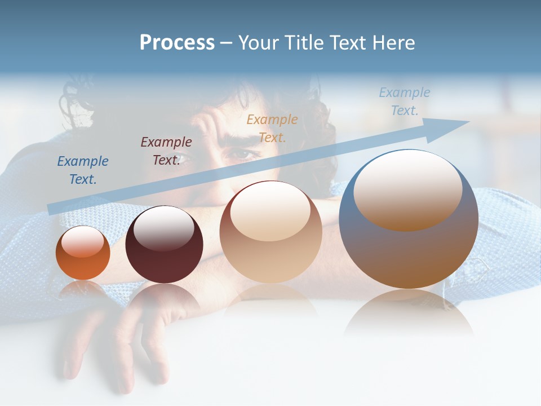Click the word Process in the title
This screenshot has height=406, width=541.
tap(177, 43)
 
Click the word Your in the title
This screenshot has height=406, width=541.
tap(259, 43)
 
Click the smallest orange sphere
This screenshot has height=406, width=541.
tap(83, 253)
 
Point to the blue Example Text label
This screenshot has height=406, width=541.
tap(83, 170)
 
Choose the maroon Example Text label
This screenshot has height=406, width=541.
tap(166, 151)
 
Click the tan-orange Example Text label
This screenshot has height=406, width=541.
tap(272, 128)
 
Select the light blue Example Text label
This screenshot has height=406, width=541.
tap(404, 101)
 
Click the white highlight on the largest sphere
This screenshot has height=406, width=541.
tap(407, 189)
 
